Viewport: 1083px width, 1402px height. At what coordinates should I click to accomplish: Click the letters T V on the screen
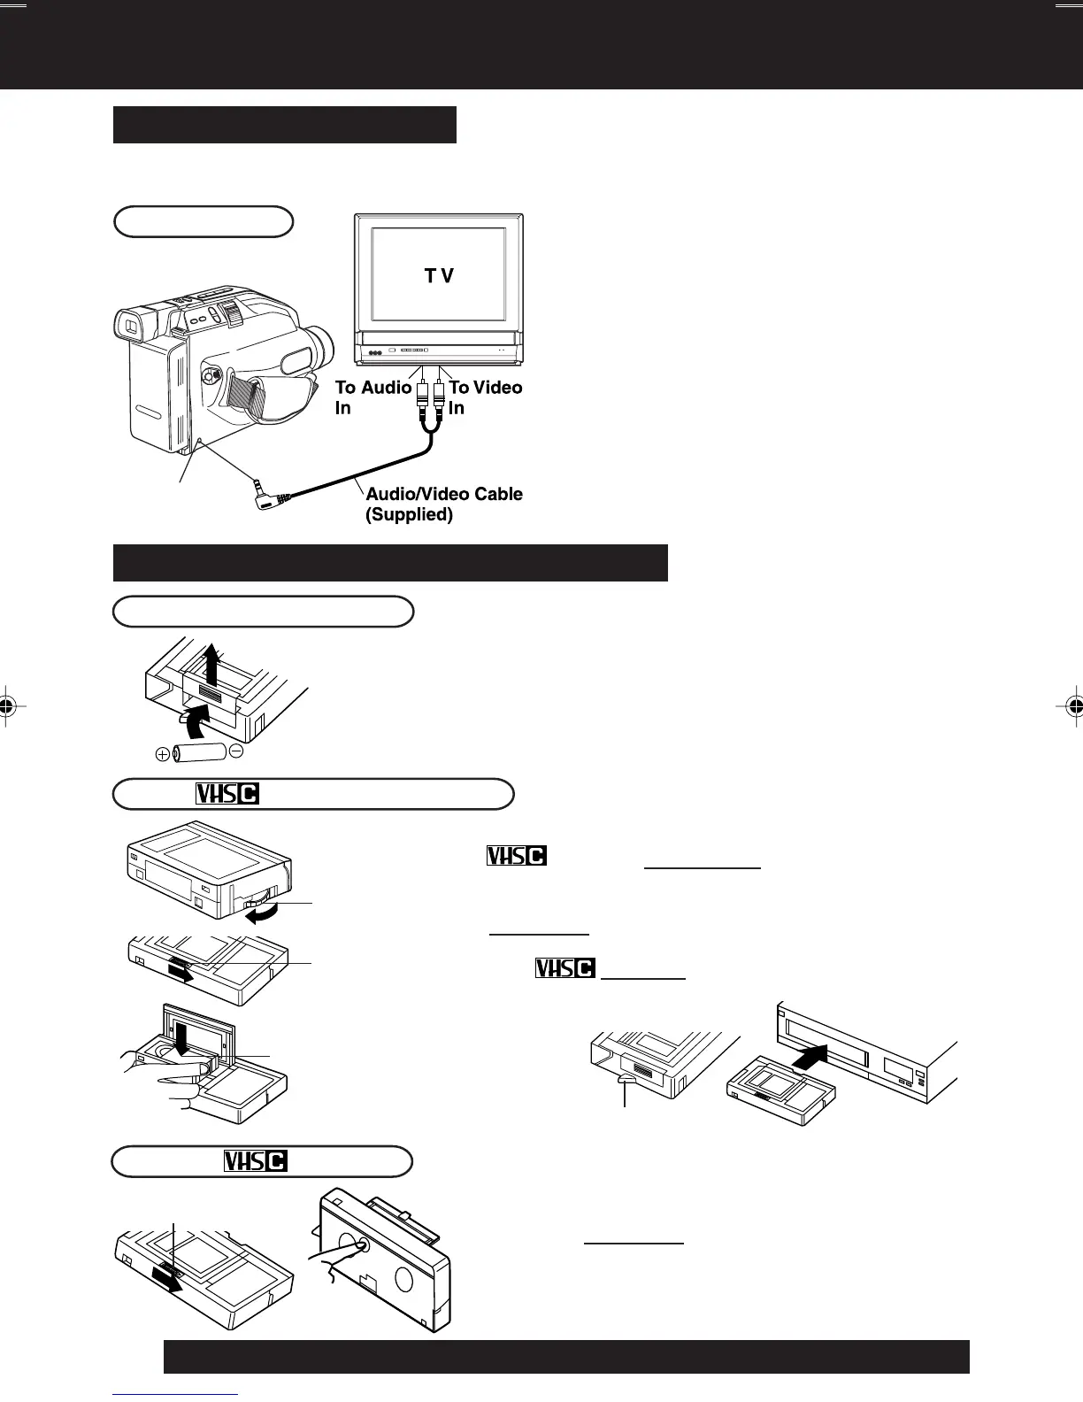pos(439,276)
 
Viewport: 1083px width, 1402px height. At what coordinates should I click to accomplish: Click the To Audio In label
pos(373,397)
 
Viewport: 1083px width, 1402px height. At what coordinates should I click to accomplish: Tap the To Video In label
pos(485,397)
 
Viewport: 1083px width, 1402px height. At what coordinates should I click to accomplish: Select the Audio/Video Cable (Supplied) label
pos(444,504)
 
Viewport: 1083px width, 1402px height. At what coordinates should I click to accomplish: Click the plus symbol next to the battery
pos(163,754)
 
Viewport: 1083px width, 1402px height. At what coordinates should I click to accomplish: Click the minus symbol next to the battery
pos(235,751)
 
